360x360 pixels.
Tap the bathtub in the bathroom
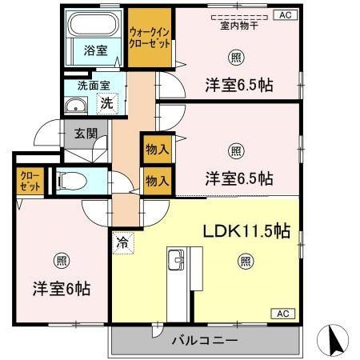pyautogui.click(x=95, y=25)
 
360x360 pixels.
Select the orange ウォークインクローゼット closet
pyautogui.click(x=150, y=38)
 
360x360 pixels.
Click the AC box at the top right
pyautogui.click(x=285, y=14)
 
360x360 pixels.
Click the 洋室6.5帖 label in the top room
pyautogui.click(x=238, y=82)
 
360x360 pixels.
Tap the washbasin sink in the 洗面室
pyautogui.click(x=78, y=106)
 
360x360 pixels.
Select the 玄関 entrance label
pyautogui.click(x=85, y=134)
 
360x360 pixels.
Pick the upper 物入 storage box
pyautogui.click(x=157, y=149)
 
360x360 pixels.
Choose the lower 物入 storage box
pyautogui.click(x=157, y=181)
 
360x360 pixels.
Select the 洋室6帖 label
pyautogui.click(x=61, y=286)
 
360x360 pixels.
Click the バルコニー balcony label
pyautogui.click(x=204, y=341)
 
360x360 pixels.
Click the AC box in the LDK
pyautogui.click(x=285, y=313)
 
